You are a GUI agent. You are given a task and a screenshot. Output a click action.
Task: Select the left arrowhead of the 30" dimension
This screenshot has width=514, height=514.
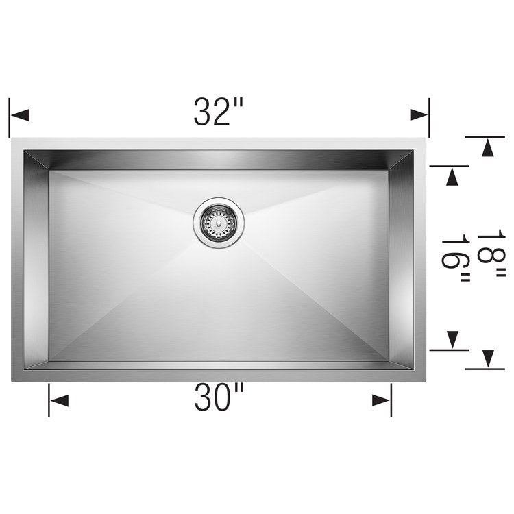tap(59, 400)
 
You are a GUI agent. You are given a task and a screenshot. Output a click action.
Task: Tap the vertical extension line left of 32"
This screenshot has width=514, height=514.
tap(10, 118)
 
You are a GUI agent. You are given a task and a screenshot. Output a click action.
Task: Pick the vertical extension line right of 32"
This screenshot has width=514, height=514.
tap(429, 118)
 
